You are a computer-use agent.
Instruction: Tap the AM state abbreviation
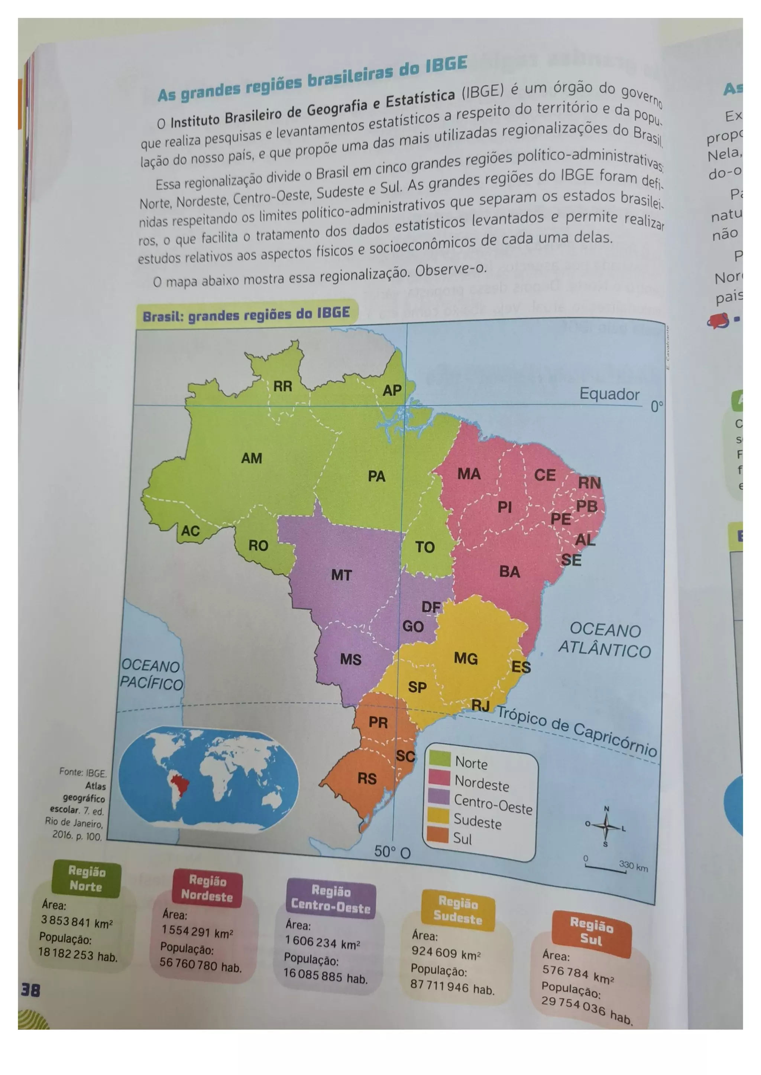[252, 458]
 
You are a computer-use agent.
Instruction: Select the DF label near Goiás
[431, 607]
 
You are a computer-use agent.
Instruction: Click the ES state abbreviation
[521, 667]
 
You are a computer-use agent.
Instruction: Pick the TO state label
[425, 547]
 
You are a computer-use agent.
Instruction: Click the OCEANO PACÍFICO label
[151, 675]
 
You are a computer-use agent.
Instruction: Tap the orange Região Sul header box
[591, 932]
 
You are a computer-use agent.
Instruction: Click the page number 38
[30, 990]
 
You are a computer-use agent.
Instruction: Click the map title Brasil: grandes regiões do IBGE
[246, 315]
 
